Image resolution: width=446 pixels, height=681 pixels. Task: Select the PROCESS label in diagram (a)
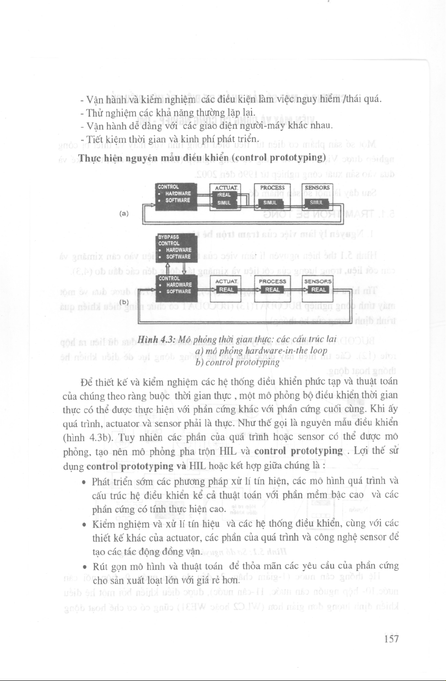pyautogui.click(x=272, y=188)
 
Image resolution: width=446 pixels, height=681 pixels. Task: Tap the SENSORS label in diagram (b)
pyautogui.click(x=318, y=281)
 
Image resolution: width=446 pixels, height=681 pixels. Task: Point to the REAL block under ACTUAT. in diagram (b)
pyautogui.click(x=226, y=290)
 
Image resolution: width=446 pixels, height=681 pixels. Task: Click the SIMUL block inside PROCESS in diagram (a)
pyautogui.click(x=270, y=203)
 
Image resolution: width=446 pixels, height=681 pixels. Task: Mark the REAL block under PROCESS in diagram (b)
pyautogui.click(x=272, y=290)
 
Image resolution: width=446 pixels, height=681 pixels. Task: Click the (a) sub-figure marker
pyautogui.click(x=124, y=213)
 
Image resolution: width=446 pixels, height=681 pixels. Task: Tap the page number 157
pyautogui.click(x=391, y=639)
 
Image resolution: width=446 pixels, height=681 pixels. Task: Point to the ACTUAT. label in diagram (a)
pyautogui.click(x=226, y=188)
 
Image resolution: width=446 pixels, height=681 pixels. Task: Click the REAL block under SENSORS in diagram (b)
pyautogui.click(x=318, y=290)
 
